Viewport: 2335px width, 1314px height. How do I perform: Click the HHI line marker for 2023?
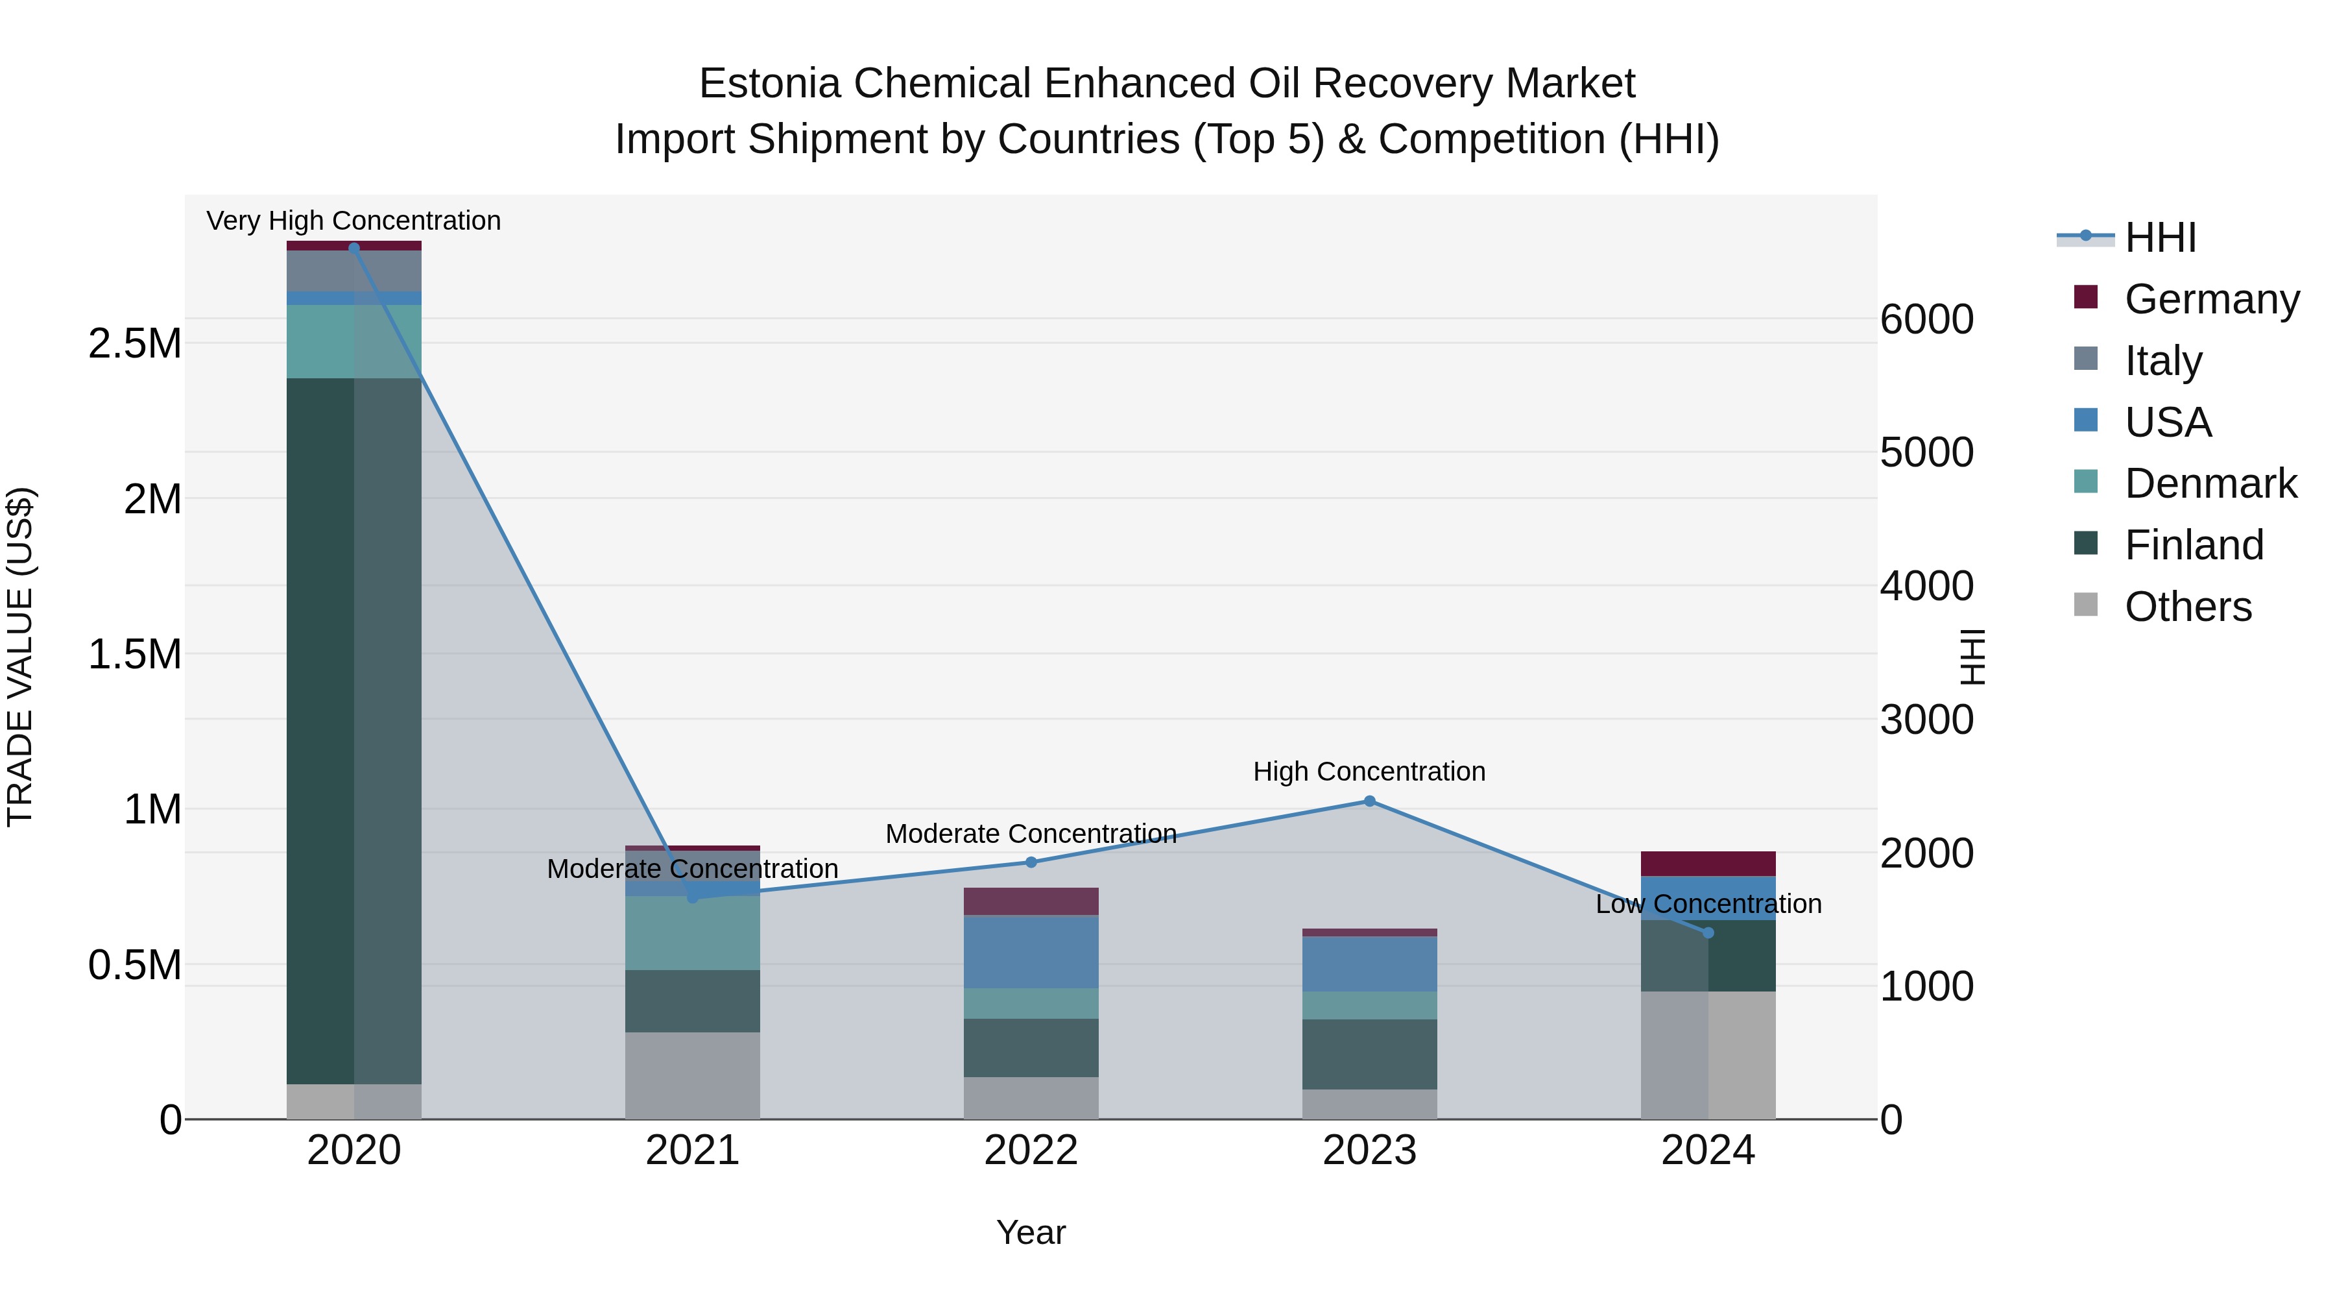1370,801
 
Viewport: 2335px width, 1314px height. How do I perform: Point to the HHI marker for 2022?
1031,862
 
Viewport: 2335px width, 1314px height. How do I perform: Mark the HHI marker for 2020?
353,248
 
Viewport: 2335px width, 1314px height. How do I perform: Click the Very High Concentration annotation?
353,221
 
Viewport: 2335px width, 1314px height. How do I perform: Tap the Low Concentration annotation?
1708,904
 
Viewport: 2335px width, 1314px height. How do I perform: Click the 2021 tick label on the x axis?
693,1150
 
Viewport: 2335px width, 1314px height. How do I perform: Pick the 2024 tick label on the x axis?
1708,1150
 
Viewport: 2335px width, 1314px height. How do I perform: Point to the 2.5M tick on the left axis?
134,344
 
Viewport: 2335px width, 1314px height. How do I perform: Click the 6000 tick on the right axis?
1926,319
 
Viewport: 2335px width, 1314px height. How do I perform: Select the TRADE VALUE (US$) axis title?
20,657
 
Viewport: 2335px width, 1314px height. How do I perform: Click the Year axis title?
1031,1232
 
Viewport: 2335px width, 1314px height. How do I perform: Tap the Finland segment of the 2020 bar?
353,725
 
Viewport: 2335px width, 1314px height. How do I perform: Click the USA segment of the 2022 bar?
1031,951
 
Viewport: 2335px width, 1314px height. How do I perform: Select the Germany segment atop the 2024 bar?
1708,863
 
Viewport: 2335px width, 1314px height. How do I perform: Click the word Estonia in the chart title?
769,84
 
